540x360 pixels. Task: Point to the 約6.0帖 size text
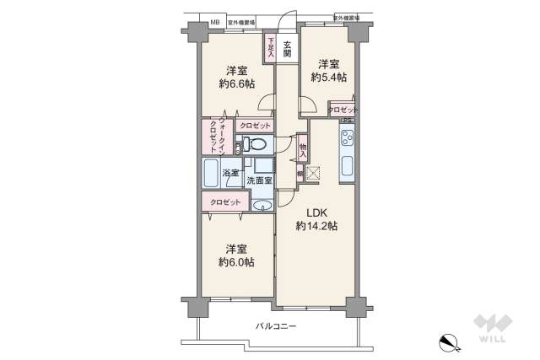(235, 262)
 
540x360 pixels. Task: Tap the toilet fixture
(256, 146)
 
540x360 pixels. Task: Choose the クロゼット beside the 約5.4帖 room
(343, 110)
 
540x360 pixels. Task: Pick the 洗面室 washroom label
(258, 180)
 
